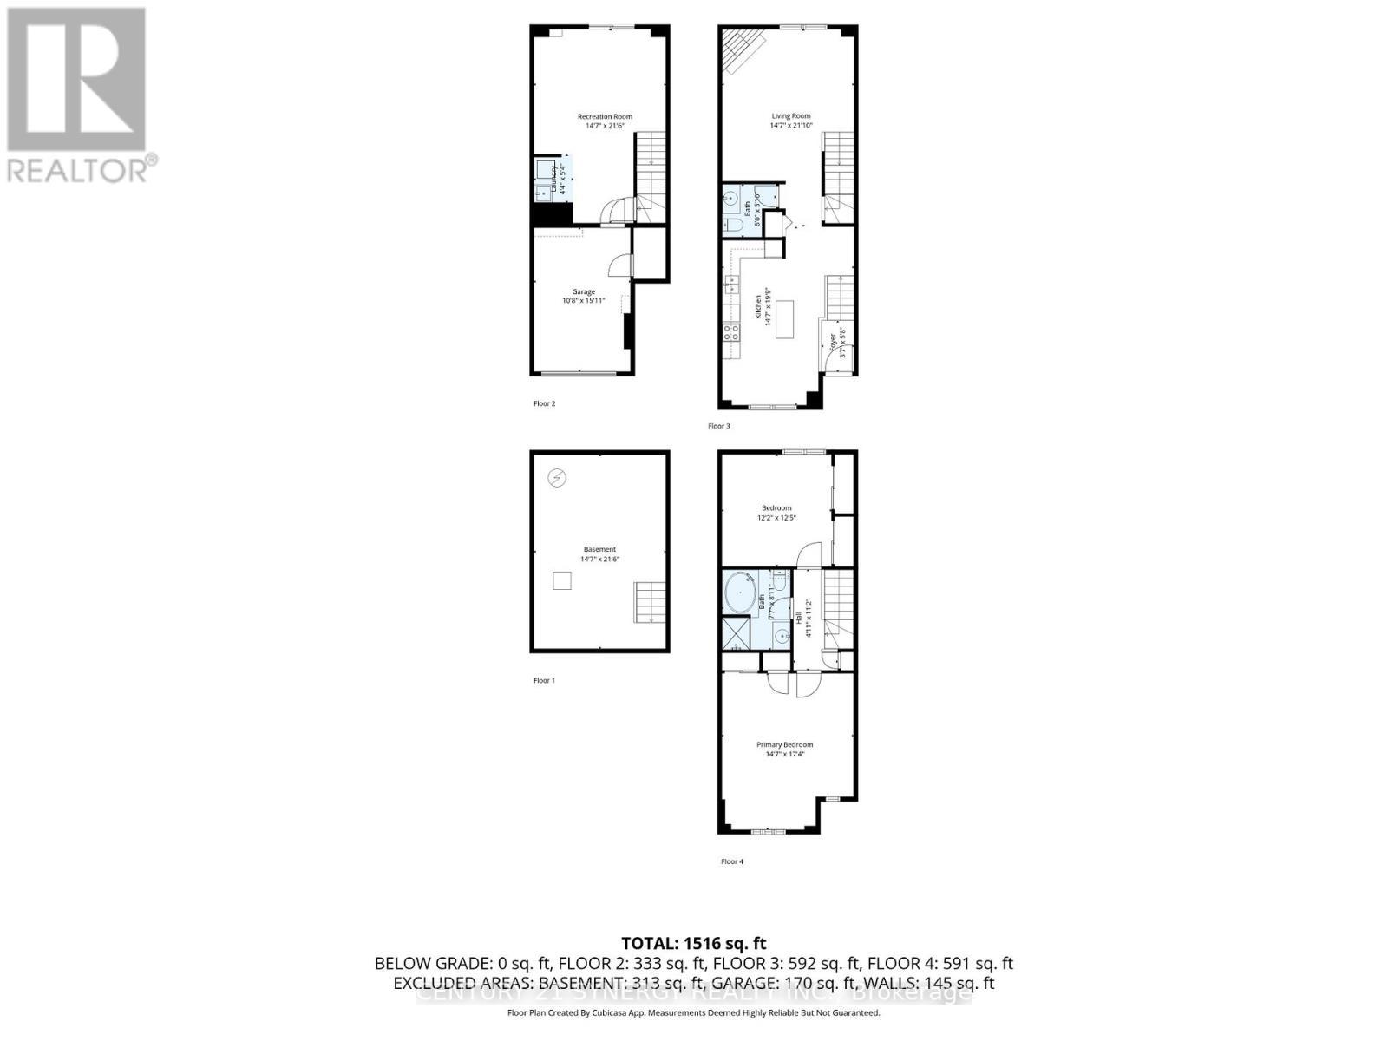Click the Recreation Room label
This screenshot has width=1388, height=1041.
click(x=605, y=116)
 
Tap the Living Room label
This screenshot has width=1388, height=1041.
click(x=791, y=115)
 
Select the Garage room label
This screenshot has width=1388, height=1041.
click(x=583, y=292)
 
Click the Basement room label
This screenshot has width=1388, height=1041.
click(x=599, y=549)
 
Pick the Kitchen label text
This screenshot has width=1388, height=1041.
click(x=757, y=307)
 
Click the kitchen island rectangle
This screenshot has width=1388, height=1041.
click(x=786, y=319)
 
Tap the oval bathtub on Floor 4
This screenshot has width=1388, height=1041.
click(x=739, y=593)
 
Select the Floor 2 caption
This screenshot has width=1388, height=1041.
click(x=544, y=403)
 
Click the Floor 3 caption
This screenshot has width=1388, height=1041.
click(x=719, y=426)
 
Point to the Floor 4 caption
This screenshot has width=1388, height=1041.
click(x=732, y=861)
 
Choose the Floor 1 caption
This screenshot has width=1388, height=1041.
click(x=544, y=680)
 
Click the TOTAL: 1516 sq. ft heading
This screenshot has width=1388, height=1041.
click(x=694, y=943)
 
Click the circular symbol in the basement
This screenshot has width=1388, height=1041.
click(x=558, y=478)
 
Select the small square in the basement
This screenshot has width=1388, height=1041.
click(x=562, y=581)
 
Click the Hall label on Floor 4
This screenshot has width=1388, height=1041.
click(x=798, y=618)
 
